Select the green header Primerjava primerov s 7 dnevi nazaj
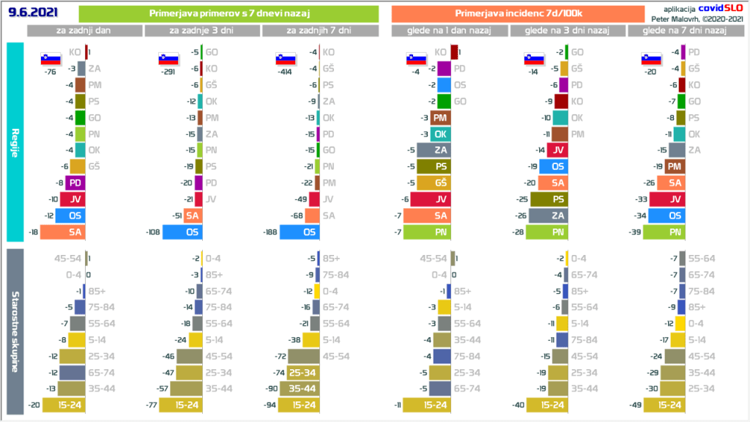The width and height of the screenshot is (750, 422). (x=228, y=14)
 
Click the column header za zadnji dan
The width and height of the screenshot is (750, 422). (x=85, y=31)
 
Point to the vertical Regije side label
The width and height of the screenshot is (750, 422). (x=15, y=141)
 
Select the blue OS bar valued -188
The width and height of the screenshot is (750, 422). (x=299, y=232)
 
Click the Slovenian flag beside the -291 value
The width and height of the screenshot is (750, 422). (x=167, y=59)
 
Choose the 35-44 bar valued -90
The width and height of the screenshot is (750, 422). (x=304, y=388)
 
